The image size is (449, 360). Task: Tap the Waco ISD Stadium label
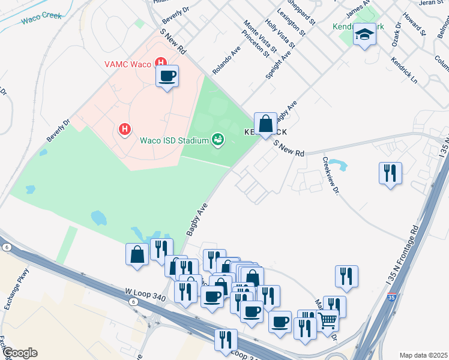coord(174,141)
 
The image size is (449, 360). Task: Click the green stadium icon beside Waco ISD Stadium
coord(218,140)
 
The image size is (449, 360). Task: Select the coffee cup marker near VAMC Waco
coord(167,76)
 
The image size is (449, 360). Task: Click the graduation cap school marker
coord(364,36)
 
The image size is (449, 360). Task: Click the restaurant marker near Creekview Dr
coord(390,173)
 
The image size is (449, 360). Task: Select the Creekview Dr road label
coord(331,175)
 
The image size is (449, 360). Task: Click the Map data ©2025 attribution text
coord(423,355)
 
